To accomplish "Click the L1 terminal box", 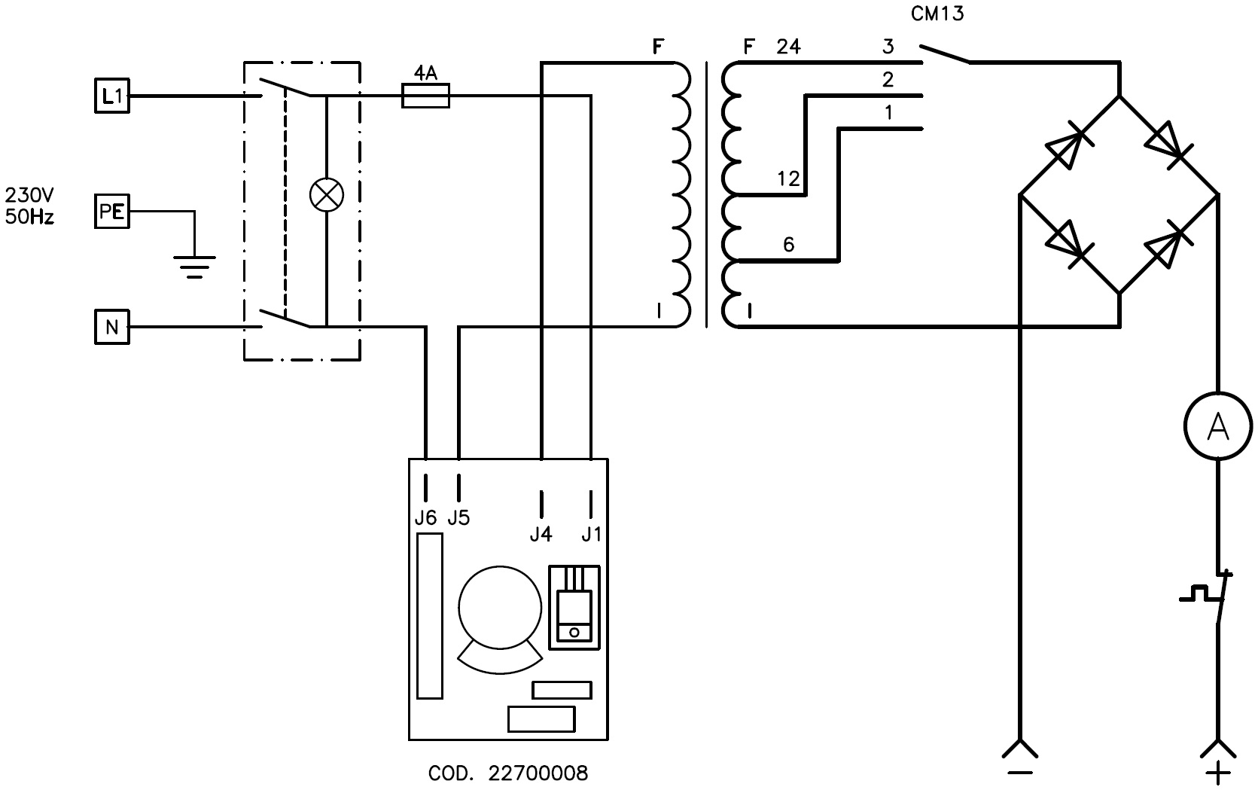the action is pos(111,96).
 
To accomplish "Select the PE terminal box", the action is pos(111,212).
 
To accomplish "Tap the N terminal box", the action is pos(111,326).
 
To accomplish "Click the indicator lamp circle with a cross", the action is pos(327,195).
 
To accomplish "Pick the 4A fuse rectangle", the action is pos(425,96).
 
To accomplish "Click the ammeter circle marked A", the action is pos(1217,426).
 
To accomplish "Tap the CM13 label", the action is pos(937,14).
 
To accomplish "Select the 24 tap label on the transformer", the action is pos(788,47).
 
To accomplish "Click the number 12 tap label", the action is pos(788,179).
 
